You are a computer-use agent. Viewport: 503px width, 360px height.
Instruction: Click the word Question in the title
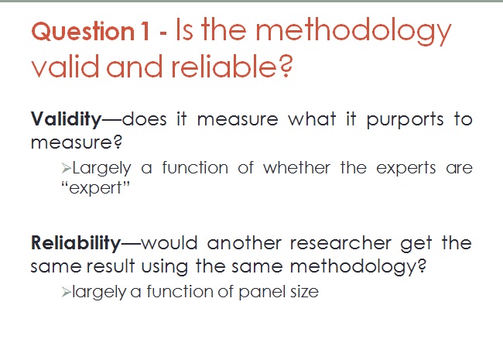pyautogui.click(x=83, y=32)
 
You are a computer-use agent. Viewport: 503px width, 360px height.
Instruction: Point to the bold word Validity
pyautogui.click(x=66, y=119)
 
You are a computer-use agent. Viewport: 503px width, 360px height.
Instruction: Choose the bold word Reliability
pyautogui.click(x=76, y=243)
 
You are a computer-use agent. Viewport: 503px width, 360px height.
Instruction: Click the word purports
pyautogui.click(x=405, y=120)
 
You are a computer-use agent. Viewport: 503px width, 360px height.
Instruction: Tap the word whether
pyautogui.click(x=296, y=167)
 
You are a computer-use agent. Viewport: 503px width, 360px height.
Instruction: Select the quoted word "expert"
pyautogui.click(x=95, y=187)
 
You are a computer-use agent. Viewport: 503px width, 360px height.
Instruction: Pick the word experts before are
pyautogui.click(x=405, y=169)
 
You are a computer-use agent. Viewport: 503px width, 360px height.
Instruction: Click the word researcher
pyautogui.click(x=340, y=243)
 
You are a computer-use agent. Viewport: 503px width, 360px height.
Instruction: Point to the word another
pyautogui.click(x=244, y=243)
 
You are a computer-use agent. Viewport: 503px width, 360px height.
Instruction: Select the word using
pyautogui.click(x=164, y=267)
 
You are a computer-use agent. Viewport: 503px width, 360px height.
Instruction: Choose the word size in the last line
pyautogui.click(x=304, y=292)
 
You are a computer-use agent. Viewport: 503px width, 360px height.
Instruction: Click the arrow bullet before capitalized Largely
pyautogui.click(x=66, y=168)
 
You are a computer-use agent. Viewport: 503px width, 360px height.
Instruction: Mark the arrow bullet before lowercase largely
pyautogui.click(x=66, y=293)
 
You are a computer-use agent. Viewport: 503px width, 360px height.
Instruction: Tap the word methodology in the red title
pyautogui.click(x=353, y=32)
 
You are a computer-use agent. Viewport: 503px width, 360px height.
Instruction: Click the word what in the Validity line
pyautogui.click(x=312, y=119)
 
